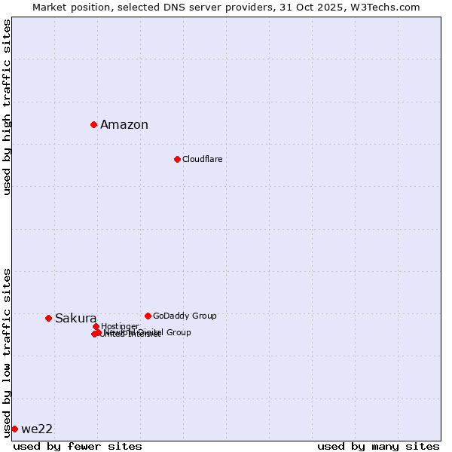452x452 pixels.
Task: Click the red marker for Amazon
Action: coord(93,124)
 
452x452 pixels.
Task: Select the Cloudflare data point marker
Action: coord(177,159)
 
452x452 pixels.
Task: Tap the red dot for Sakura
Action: coord(48,318)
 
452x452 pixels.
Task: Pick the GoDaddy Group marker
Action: coord(148,316)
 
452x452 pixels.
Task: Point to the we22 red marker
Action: coord(14,429)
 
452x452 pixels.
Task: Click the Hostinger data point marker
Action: coord(96,326)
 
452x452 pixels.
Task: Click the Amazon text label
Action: coord(124,125)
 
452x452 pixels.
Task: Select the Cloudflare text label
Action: coord(202,159)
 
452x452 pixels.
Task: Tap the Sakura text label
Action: coord(75,318)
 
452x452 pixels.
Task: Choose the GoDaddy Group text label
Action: coord(185,316)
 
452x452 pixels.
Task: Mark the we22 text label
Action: coord(37,429)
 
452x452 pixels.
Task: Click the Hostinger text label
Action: coord(120,326)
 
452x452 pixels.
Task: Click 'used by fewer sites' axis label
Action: coord(78,446)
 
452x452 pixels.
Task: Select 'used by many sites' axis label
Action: coord(378,446)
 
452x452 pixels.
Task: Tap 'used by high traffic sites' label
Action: coord(8,107)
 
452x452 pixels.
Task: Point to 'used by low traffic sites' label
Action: coord(8,352)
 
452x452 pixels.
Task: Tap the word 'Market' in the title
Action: coord(50,7)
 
